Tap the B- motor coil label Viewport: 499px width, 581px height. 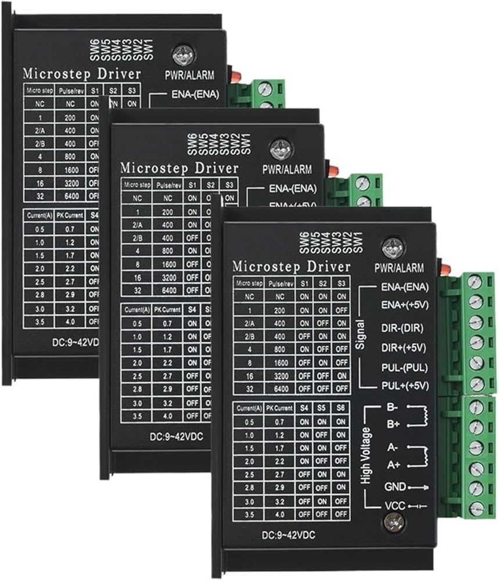(391, 408)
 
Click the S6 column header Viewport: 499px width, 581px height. (341, 408)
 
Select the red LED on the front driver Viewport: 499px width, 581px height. (445, 269)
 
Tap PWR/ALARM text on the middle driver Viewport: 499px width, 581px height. (287, 169)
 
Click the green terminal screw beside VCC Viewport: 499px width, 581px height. (476, 508)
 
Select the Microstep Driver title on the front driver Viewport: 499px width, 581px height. (291, 267)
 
